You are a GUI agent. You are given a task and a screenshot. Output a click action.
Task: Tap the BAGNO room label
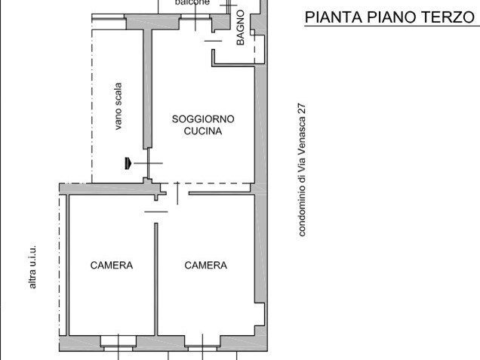point(240,29)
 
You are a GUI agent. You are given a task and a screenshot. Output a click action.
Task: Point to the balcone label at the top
point(192,3)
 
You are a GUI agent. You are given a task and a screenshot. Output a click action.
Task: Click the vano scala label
point(118,106)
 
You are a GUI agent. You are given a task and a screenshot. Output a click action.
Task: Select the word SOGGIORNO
point(203,118)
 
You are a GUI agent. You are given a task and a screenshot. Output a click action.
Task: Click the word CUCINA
point(203,131)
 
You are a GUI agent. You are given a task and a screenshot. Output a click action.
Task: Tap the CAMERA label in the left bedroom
point(112,265)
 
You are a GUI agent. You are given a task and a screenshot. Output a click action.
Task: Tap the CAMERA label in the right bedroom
point(205,265)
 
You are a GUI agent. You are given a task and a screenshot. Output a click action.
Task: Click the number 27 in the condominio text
point(302,109)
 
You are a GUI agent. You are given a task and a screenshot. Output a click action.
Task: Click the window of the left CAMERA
point(116,343)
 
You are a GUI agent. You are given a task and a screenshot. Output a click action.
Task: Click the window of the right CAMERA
point(202,343)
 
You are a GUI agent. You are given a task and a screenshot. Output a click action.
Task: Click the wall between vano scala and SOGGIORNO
point(148,91)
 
